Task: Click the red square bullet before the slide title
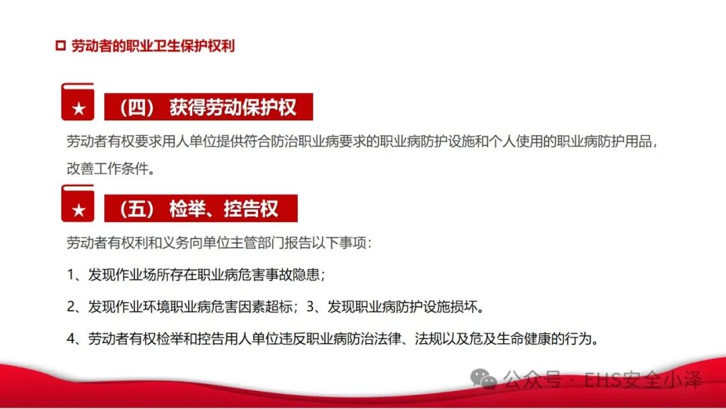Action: (x=61, y=45)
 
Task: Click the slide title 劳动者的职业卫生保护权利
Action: (x=153, y=46)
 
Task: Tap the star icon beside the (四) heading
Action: (x=79, y=109)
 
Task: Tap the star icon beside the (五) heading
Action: (x=79, y=211)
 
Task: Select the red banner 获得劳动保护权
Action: (x=208, y=107)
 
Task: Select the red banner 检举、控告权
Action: (x=200, y=209)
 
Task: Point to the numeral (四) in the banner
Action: (x=136, y=108)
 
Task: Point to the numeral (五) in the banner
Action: (x=136, y=209)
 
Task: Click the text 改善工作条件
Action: (x=108, y=169)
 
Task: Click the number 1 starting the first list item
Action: (x=71, y=274)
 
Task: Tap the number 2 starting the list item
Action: (x=71, y=307)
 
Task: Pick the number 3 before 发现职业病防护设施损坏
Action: (x=310, y=307)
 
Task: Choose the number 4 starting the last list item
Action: (x=71, y=339)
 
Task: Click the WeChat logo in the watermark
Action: (x=483, y=379)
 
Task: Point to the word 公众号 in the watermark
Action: (x=532, y=380)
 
